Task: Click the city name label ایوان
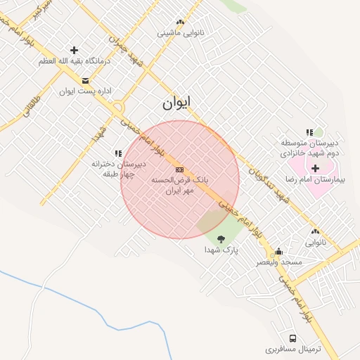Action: [176, 103]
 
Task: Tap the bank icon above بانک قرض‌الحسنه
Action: [179, 169]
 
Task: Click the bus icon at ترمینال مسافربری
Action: [292, 338]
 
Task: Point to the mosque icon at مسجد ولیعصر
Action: [279, 252]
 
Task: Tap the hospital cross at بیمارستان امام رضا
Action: [315, 168]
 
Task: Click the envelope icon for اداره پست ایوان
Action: [86, 79]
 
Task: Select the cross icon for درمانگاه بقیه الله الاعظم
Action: [75, 50]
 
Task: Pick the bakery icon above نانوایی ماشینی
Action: [181, 22]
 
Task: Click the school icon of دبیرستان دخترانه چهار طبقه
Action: [118, 153]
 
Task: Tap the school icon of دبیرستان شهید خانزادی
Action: [309, 131]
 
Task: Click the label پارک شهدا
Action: [222, 250]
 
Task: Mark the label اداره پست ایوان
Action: [77, 91]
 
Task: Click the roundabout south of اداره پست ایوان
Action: [117, 108]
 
